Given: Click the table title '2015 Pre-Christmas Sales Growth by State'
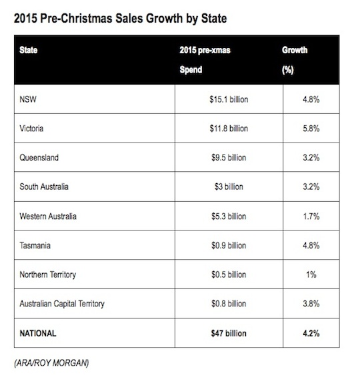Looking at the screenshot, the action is coord(120,19).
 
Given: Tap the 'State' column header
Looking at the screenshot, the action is coord(29,50).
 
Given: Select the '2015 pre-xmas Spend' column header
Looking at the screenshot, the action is coord(205,60).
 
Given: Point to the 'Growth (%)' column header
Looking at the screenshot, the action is coord(295,60).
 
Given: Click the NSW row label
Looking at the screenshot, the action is coord(28,99).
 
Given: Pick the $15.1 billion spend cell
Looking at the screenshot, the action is coord(229,99).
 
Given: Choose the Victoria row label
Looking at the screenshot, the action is coord(31,129).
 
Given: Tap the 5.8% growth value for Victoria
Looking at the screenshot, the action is coord(311,129).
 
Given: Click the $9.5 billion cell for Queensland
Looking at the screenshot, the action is coord(229,158).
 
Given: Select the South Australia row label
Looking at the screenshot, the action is coord(44,187).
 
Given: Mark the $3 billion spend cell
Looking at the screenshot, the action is coord(229,187).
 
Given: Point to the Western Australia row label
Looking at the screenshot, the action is coord(48,216).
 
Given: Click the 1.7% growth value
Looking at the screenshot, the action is coord(311,216).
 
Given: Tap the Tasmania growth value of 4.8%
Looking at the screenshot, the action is coord(311,245).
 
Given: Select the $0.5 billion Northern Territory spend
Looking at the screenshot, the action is coord(229,274).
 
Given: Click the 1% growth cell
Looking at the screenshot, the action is coord(311,274).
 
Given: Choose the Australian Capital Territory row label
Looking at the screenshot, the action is coord(62,304).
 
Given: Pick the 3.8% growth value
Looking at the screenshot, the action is coord(311,304).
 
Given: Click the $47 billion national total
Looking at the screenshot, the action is coord(229,333).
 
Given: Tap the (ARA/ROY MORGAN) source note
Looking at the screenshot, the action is coord(51,363).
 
